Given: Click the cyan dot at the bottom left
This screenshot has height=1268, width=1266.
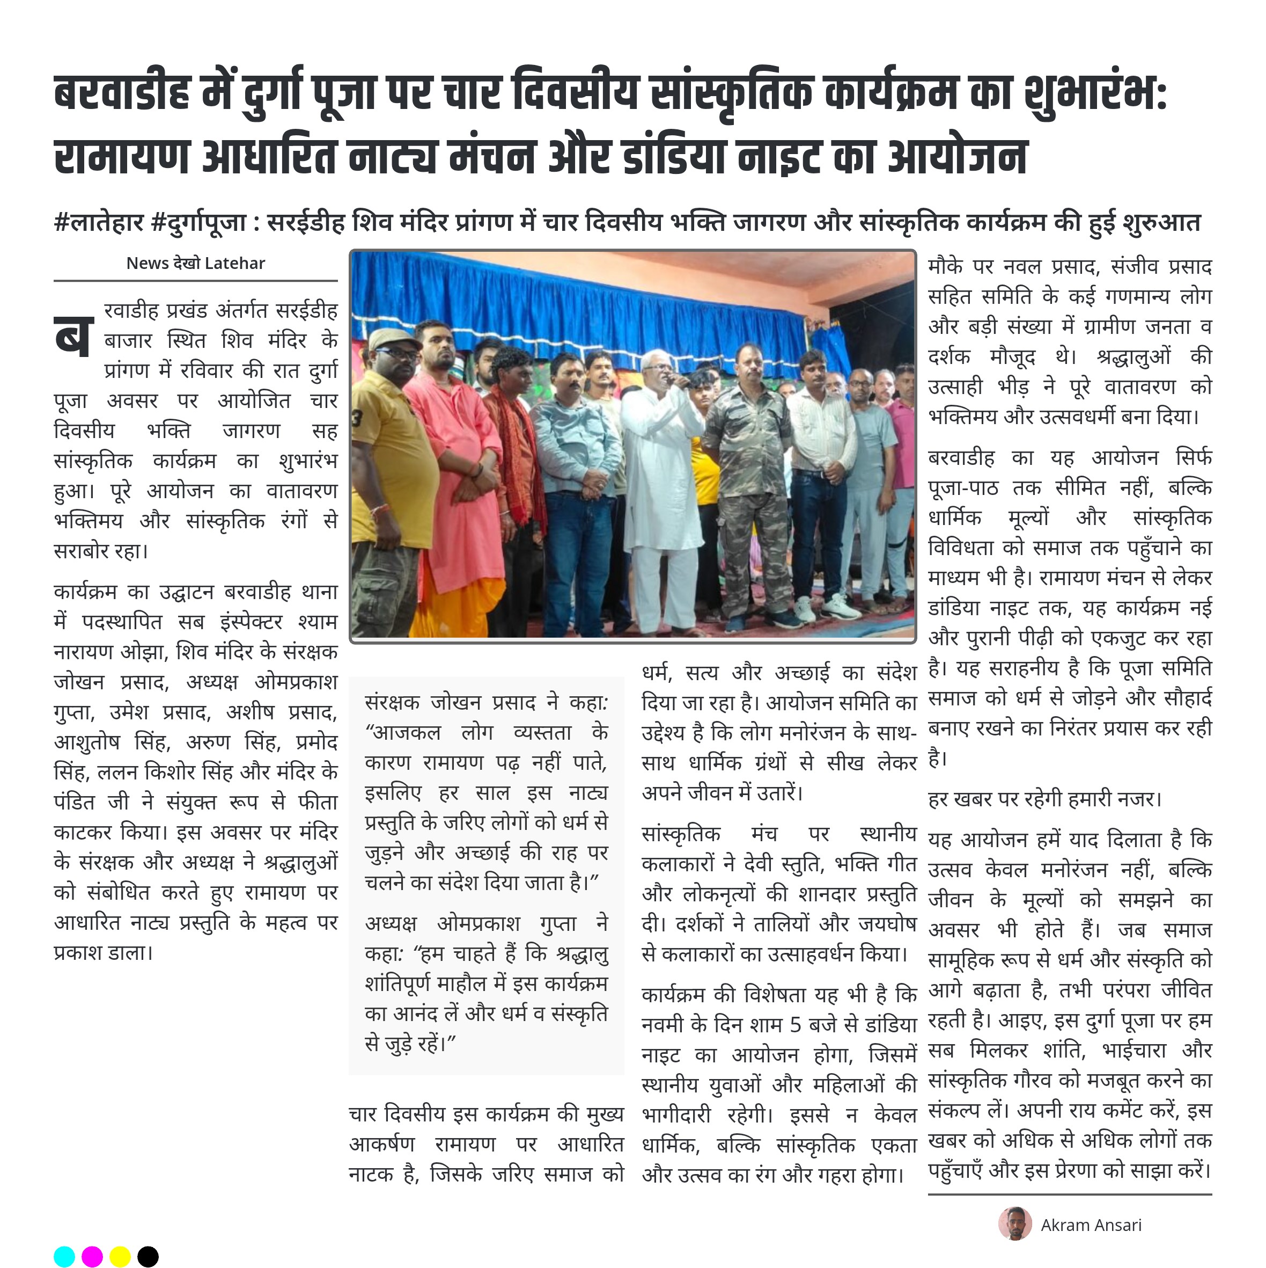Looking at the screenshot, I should [64, 1256].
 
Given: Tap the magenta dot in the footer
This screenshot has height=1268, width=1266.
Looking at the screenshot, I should [92, 1256].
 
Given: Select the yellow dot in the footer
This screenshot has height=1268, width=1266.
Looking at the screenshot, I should [120, 1256].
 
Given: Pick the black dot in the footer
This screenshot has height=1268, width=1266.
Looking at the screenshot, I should [148, 1256].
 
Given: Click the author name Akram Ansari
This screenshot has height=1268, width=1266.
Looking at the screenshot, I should [1091, 1225].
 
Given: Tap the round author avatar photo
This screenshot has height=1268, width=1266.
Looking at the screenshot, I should [1015, 1223].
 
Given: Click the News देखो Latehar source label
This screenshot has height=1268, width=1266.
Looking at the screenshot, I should [195, 263].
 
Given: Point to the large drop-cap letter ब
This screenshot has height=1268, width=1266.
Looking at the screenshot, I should [73, 336].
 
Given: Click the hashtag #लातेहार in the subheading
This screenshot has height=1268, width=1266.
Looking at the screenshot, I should [98, 222].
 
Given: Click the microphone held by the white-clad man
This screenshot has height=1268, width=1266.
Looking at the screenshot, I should [678, 380].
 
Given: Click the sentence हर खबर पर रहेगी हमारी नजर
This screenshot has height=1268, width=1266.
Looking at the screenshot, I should [1044, 799].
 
